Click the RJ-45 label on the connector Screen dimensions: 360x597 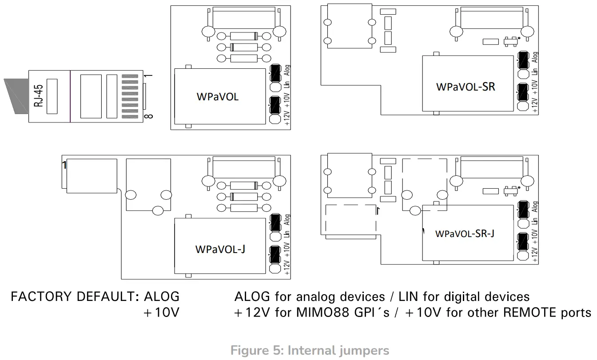point(39,96)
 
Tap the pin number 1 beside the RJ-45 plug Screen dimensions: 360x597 point(148,75)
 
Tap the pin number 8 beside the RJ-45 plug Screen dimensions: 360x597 point(148,116)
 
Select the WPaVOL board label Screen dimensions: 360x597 point(217,96)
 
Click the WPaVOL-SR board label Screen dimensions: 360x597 point(465,87)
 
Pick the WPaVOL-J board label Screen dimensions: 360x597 point(220,249)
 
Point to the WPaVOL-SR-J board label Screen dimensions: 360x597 point(465,233)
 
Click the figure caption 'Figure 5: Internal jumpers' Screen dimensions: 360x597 point(310,351)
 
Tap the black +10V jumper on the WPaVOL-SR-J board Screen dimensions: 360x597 point(523,242)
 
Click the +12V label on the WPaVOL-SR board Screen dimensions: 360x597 point(535,104)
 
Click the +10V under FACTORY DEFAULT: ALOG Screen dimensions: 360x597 point(161,313)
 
